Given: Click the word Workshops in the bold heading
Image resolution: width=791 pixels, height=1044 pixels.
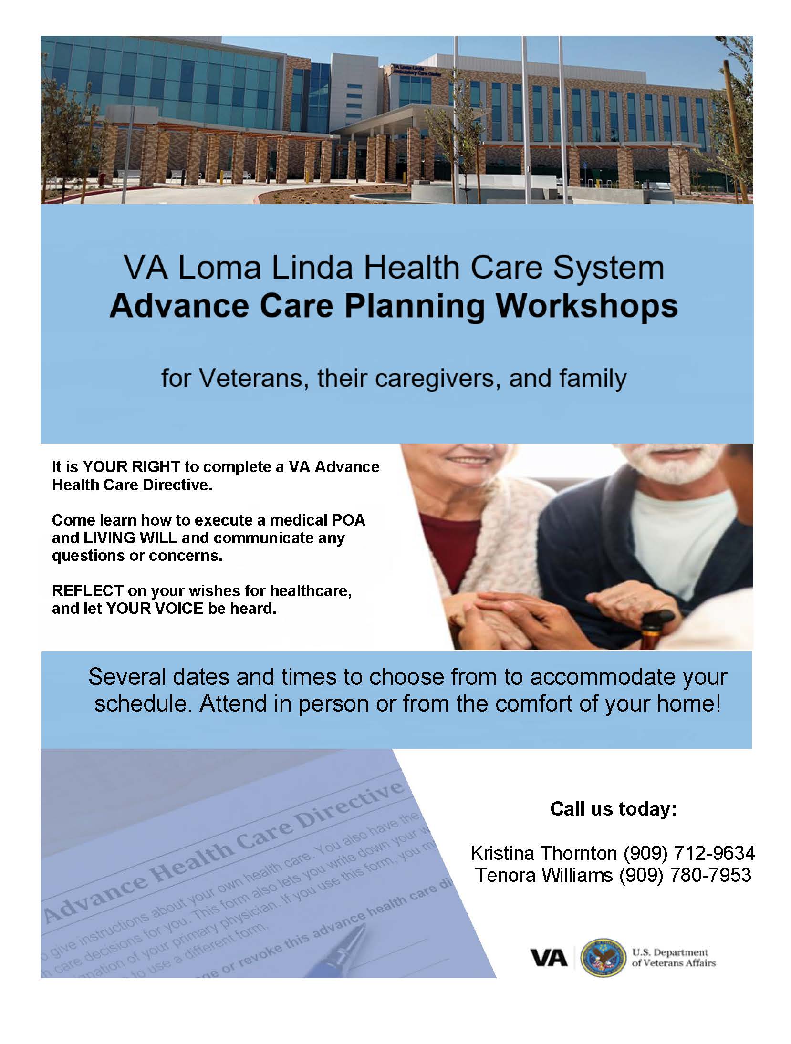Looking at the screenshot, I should pos(586,306).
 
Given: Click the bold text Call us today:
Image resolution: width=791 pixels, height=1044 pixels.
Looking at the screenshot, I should pos(614,809).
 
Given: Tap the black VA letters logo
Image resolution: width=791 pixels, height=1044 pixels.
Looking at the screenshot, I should pos(549,958).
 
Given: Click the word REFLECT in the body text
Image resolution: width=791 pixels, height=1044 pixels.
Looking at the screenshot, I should pos(87,590).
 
